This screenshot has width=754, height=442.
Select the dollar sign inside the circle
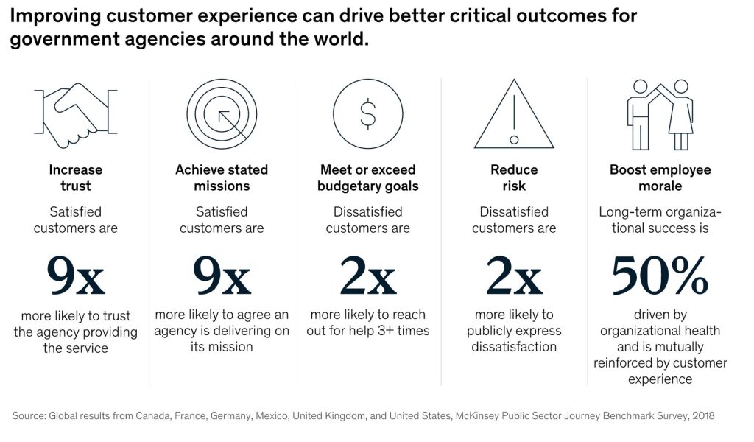coord(367,113)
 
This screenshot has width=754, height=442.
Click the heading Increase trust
coord(75,178)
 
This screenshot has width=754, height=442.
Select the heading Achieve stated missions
coord(222,178)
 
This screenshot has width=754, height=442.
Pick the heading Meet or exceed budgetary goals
coord(367,178)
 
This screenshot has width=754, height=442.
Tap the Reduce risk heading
coord(514,178)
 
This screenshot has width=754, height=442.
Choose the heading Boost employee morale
coord(660,178)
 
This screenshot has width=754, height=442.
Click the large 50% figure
coord(660,276)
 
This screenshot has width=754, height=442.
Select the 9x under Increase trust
coord(75,276)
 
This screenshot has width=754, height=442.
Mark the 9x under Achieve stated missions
coord(222,276)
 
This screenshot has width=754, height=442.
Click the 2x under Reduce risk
coord(514,276)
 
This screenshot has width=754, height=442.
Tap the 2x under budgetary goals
coord(367,276)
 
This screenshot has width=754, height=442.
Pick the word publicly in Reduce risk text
coord(493,331)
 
